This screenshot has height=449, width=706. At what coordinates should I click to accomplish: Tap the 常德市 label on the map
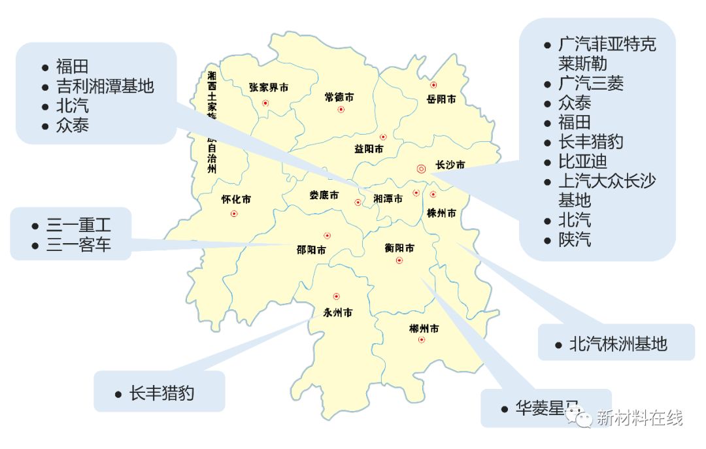coord(339,97)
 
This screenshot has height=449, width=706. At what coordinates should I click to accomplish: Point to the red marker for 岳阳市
coord(433,85)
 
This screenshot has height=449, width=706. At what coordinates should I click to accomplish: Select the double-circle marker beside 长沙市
coord(421,168)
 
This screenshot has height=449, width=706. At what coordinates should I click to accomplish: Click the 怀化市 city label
coord(236,199)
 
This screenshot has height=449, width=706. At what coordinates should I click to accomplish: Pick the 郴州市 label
coord(424,327)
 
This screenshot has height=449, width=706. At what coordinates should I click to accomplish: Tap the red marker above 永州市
coord(336,296)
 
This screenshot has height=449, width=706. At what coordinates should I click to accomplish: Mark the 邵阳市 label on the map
coord(311,249)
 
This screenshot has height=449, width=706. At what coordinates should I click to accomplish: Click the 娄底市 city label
coord(324,195)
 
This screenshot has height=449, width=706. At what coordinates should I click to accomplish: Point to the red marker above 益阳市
coord(383,137)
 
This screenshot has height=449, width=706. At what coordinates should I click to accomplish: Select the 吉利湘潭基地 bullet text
coord(105,86)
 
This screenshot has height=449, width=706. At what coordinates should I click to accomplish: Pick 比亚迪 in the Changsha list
coord(582,161)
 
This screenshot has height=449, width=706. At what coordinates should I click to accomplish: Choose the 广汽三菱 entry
coord(590,83)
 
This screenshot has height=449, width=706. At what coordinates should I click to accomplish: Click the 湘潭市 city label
coord(388,199)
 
